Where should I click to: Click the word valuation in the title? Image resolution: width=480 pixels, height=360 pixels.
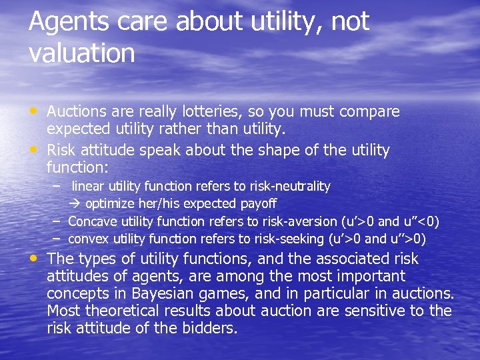click(81, 53)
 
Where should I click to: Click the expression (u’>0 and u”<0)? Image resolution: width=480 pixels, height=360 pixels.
click(390, 221)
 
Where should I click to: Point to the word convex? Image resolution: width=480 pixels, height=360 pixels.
click(89, 239)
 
